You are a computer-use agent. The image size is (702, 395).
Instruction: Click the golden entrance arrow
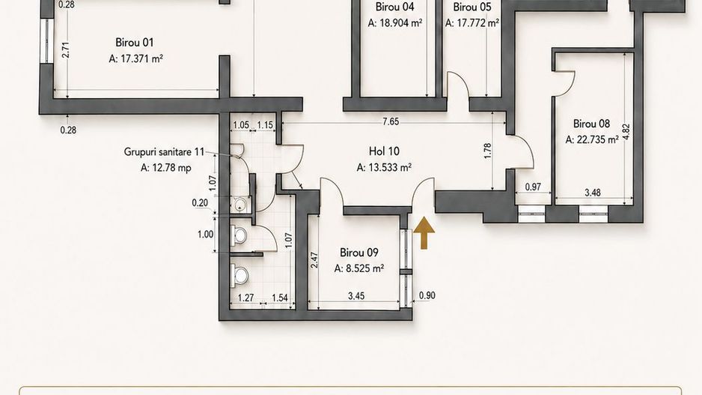coord(424,232)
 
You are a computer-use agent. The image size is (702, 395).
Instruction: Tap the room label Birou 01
coord(134,43)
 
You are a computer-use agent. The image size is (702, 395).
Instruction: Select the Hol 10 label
coord(384,151)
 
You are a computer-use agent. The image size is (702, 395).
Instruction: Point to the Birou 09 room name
coord(359,253)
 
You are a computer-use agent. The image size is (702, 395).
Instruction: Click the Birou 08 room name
coord(591,124)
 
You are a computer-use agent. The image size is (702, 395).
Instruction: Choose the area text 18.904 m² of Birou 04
coord(395,23)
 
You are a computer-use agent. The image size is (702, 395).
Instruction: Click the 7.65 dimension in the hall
coord(391,122)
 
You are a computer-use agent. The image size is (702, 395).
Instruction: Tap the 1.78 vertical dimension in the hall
coord(487,151)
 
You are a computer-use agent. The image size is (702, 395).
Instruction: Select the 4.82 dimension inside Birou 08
coord(626,132)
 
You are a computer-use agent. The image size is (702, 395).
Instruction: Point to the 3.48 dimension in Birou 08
coord(593,193)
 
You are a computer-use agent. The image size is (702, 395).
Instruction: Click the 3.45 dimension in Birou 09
coord(356,296)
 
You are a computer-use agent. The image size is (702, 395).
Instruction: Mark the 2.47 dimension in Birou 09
coord(314,261)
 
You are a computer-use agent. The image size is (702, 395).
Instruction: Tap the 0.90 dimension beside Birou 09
coord(427,295)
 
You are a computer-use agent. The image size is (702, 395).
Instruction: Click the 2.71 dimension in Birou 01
coord(66,49)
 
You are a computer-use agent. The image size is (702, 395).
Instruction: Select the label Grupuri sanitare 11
coord(164,152)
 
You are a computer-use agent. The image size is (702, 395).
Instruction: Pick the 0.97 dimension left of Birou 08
coord(533,187)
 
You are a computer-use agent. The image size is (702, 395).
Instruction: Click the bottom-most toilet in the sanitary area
coord(240,275)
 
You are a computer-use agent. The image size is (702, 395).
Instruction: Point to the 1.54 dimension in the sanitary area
coord(280,298)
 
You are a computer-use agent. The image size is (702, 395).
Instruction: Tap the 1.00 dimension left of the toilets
coord(206,235)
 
